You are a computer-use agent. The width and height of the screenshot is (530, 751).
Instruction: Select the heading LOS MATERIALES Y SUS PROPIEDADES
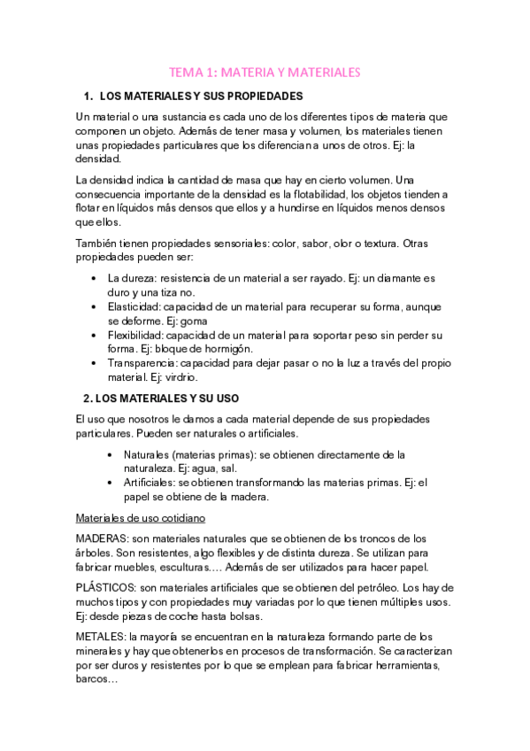pyautogui.click(x=203, y=96)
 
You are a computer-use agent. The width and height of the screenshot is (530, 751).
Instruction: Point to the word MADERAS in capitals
pyautogui.click(x=102, y=538)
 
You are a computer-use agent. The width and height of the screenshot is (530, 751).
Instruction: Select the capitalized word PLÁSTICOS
pyautogui.click(x=105, y=588)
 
